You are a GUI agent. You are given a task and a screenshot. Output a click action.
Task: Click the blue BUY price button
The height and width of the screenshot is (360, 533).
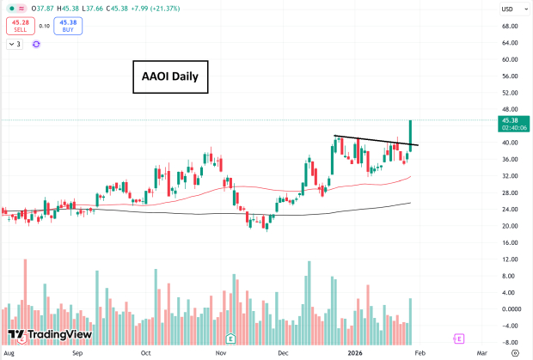click(67, 26)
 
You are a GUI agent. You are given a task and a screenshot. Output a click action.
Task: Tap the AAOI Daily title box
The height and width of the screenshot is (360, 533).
click(169, 76)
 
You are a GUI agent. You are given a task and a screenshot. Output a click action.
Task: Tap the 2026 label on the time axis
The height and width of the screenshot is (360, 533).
click(356, 352)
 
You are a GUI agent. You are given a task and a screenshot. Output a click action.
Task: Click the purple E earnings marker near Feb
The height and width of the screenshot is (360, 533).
click(459, 339)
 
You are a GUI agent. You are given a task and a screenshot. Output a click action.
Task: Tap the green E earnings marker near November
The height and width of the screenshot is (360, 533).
click(230, 339)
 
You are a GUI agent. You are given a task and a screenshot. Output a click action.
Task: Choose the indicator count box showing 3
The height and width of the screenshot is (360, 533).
click(15, 43)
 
